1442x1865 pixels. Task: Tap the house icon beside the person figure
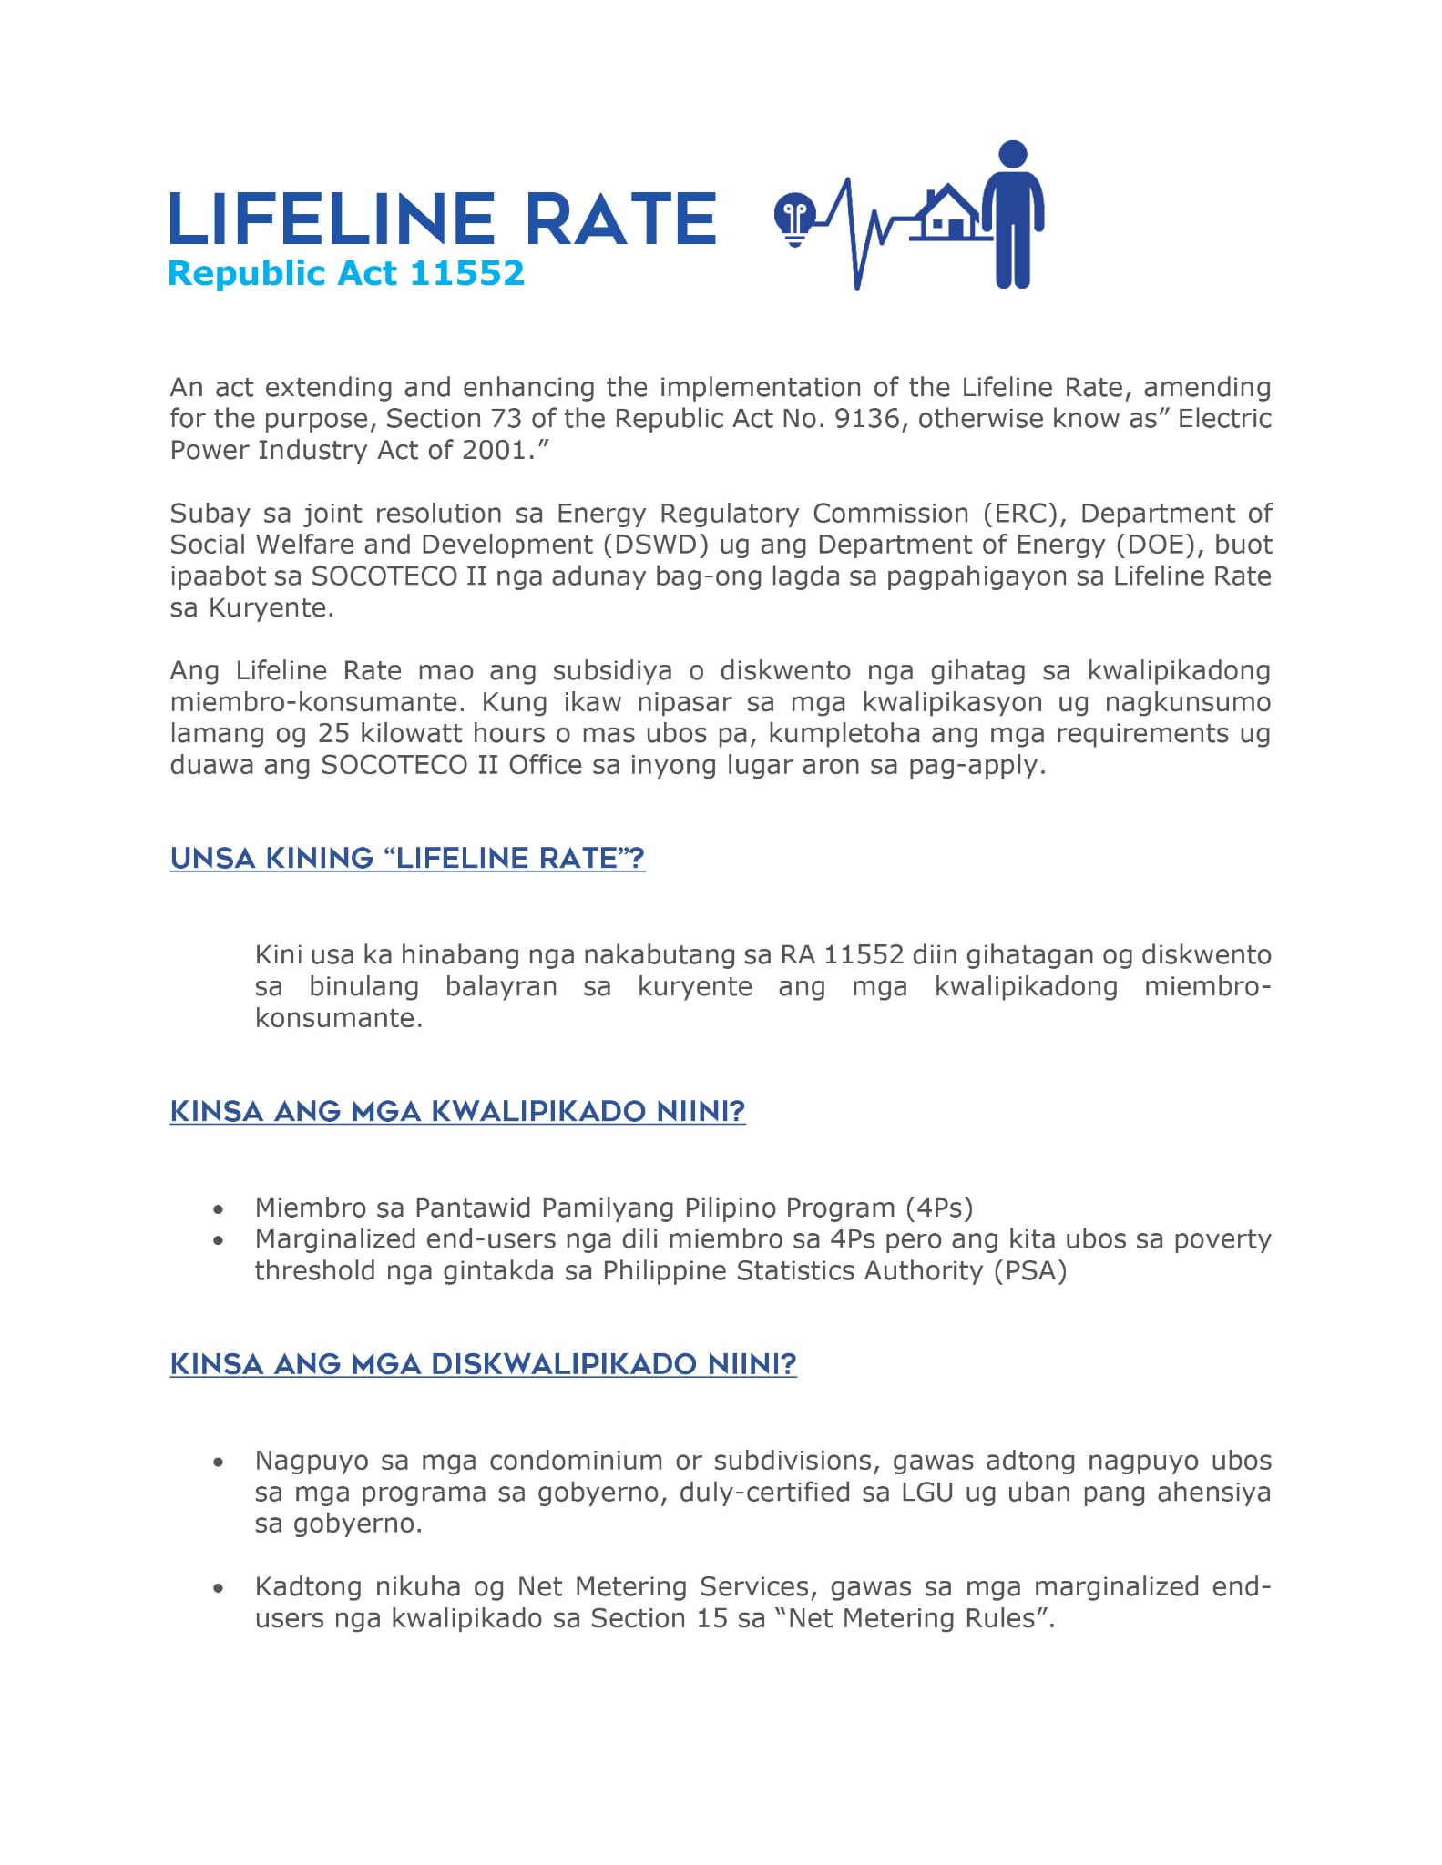pos(948,213)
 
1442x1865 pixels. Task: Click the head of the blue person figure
pos(1013,155)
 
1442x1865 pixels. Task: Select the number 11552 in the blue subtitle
pos(466,273)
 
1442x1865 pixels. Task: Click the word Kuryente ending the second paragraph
pos(271,607)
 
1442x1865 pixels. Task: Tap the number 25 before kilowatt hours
pos(334,733)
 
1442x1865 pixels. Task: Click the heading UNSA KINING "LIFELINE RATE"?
pos(407,858)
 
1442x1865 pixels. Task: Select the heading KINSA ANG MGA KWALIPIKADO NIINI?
pos(457,1111)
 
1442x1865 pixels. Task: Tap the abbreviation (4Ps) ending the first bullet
pos(939,1208)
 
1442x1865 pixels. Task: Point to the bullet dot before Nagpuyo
pos(218,1462)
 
